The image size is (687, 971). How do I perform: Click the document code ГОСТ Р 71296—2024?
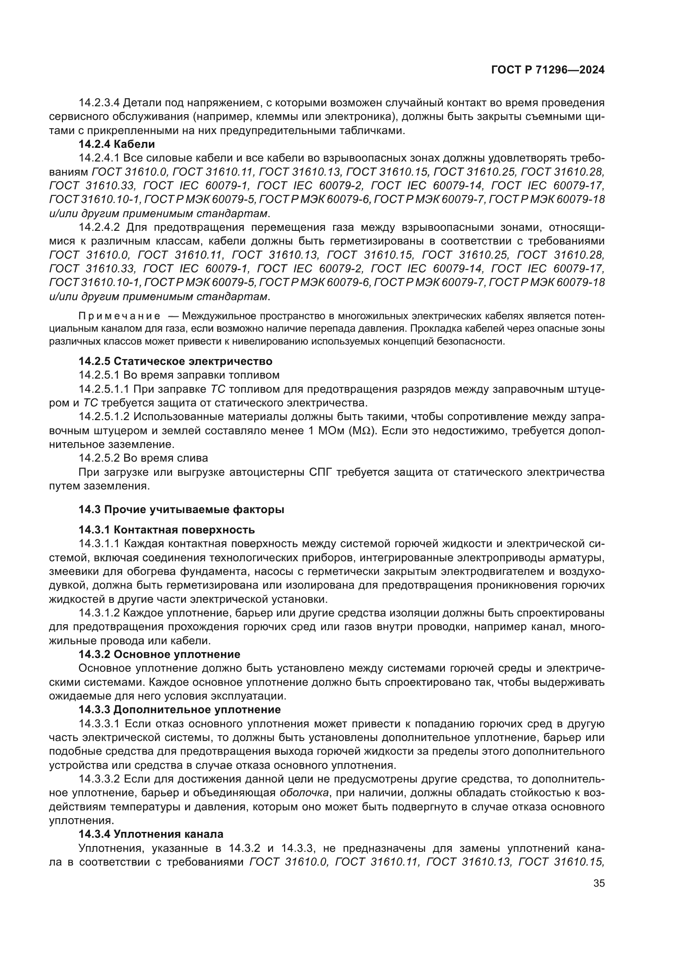547,70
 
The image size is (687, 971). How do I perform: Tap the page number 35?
599,883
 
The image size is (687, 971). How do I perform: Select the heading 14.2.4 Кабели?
117,144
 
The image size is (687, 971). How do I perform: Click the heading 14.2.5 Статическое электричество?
176,361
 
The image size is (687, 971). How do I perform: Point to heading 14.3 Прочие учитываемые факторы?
182,510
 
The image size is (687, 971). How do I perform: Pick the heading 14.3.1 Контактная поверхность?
167,530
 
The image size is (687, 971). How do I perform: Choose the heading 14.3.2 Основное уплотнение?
159,655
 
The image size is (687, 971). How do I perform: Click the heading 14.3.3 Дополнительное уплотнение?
180,709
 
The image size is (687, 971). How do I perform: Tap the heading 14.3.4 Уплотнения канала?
151,834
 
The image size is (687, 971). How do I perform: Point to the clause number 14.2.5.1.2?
104,417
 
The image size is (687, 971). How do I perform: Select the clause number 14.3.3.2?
100,779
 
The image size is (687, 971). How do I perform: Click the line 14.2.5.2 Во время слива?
143,458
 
